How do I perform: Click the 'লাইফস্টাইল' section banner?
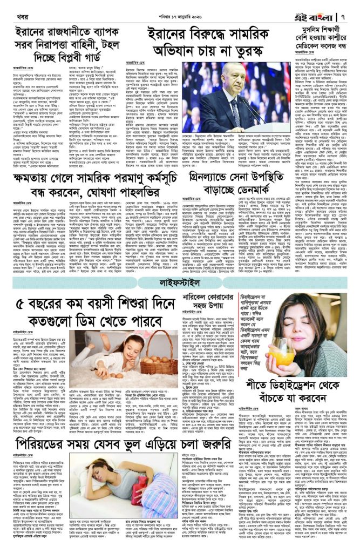180,282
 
